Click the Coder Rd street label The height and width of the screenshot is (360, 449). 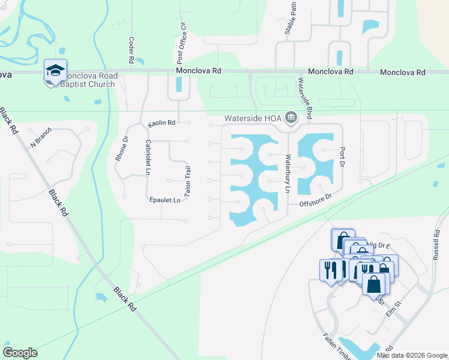(x=130, y=51)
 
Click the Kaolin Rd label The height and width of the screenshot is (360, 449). (x=161, y=124)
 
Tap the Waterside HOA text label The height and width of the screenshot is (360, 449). (x=253, y=118)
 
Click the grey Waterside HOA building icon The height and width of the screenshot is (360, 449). (x=292, y=117)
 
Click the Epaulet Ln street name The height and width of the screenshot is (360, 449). (x=164, y=200)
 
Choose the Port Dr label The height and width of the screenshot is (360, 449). (x=343, y=157)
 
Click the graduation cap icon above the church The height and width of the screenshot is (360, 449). (x=55, y=70)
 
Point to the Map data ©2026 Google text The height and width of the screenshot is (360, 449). (x=411, y=355)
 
